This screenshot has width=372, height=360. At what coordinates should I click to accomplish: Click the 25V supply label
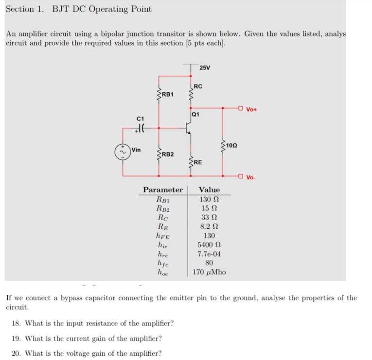point(205,68)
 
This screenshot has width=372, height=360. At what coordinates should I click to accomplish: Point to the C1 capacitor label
point(141,118)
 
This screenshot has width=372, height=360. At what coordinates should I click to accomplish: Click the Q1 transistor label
point(195,115)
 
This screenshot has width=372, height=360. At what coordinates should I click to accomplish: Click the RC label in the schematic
point(198,86)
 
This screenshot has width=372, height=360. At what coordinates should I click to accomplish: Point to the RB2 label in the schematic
point(168,154)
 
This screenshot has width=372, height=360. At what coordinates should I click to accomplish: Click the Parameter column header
point(163,189)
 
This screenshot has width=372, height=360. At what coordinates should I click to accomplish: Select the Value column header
point(209,189)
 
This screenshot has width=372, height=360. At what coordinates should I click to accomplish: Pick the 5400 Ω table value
point(209,245)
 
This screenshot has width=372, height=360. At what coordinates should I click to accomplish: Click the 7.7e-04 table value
point(209,254)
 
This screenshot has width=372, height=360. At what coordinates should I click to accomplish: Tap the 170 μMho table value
point(209,272)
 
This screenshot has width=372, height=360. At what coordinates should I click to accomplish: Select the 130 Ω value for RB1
point(209,199)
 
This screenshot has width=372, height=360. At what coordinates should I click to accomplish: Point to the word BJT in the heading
point(60,9)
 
